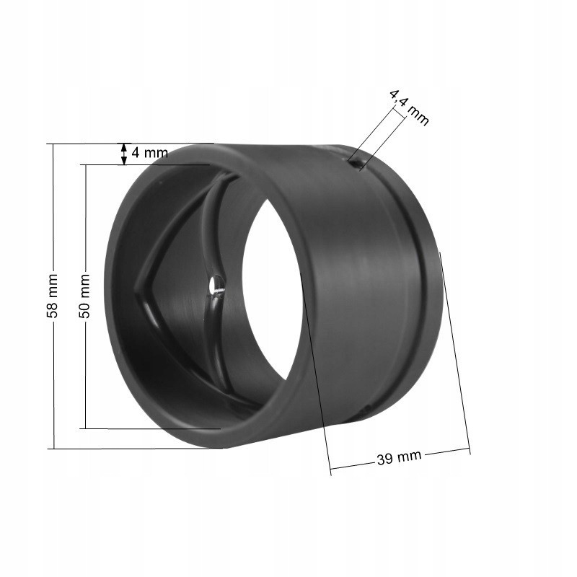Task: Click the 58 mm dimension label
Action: [x=53, y=296]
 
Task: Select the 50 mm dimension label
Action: [x=84, y=296]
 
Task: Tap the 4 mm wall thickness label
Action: [x=149, y=153]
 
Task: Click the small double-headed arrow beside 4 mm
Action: [x=125, y=153]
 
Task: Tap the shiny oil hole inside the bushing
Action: [x=215, y=287]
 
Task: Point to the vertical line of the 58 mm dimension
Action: [x=53, y=216]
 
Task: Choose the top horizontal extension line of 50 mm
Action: [x=144, y=165]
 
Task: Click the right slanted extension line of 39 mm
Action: [x=455, y=353]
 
